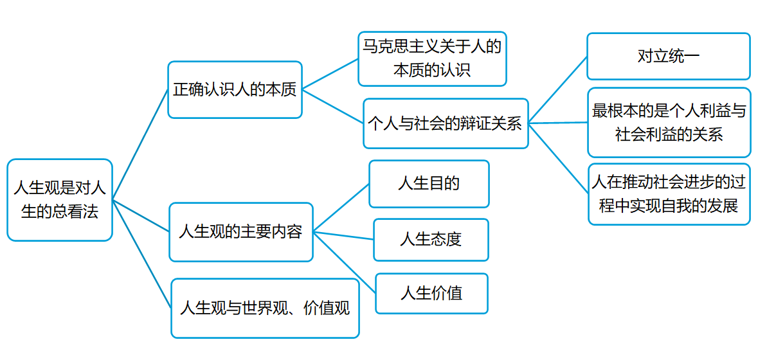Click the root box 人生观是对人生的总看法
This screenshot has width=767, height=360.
tap(60, 200)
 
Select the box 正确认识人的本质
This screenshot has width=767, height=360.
tap(235, 90)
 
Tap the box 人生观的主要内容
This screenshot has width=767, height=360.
tap(240, 232)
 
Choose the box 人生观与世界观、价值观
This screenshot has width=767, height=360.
tap(265, 308)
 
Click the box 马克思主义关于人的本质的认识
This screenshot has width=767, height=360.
tap(432, 59)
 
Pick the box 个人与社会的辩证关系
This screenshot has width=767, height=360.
tap(445, 123)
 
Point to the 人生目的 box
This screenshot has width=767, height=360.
tap(429, 184)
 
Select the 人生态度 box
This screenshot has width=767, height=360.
tap(431, 240)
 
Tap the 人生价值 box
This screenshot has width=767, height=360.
tap(431, 294)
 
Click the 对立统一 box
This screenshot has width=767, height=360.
tap(669, 57)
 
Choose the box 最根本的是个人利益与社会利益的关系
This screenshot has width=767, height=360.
tap(669, 122)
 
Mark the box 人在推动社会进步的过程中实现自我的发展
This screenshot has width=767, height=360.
tap(669, 194)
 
